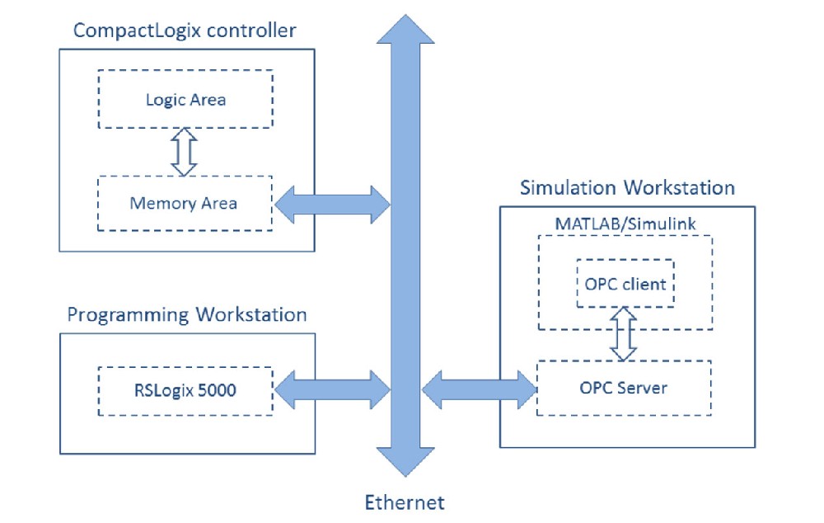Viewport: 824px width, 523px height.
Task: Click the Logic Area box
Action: (185, 99)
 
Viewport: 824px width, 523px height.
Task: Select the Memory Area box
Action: (185, 202)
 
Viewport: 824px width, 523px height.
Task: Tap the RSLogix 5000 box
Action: (185, 390)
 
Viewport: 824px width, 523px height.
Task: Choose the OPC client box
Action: (625, 285)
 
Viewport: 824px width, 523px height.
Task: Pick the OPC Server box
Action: (623, 388)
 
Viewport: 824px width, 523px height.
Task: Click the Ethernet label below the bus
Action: (405, 502)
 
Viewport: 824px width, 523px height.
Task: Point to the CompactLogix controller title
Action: (185, 31)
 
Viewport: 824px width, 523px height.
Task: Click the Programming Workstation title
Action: (187, 315)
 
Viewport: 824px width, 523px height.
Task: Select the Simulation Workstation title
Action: (627, 187)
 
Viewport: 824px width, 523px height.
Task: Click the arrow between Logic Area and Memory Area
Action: (184, 151)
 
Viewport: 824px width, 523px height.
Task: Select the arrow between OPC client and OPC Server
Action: (624, 333)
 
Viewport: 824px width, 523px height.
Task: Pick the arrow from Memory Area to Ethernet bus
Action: (331, 204)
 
